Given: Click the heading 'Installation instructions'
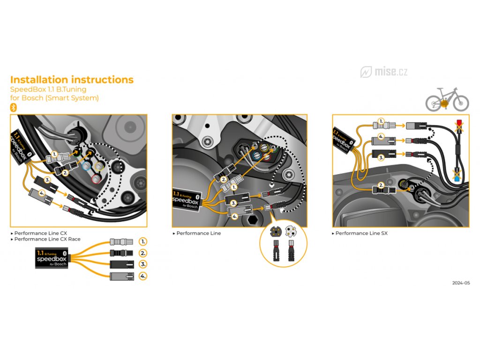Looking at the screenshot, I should point(72,80).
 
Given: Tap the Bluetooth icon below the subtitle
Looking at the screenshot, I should point(14,107).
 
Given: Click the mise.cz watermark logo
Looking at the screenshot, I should point(384,72).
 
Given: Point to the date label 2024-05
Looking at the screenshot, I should point(461,283).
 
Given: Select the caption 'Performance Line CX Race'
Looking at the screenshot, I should point(47,239).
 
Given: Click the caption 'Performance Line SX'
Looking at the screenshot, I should point(362,233).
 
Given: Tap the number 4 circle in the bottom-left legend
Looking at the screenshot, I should point(143,277).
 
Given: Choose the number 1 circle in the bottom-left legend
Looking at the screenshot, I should point(143,242).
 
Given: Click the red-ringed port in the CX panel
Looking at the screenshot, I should point(97,179).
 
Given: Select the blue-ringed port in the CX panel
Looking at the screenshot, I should point(86,166).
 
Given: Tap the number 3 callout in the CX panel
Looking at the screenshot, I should point(48,180).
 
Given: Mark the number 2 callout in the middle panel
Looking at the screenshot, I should point(224,180).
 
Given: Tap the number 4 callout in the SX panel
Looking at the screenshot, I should point(382,137).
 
